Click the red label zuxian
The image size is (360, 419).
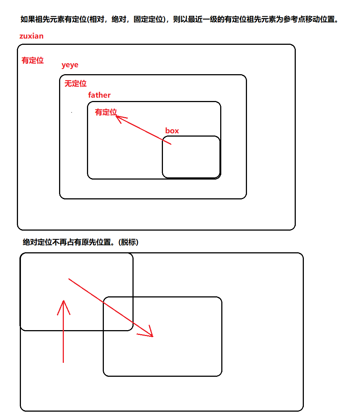coord(31,36)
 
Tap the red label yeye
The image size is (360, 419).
coord(70,65)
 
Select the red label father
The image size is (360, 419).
coord(99,95)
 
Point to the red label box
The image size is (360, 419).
coord(172,131)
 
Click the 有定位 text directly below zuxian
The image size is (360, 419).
coord(33,61)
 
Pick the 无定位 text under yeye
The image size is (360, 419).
coord(76,84)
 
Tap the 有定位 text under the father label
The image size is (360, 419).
coord(106,112)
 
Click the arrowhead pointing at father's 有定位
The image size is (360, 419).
coord(119,118)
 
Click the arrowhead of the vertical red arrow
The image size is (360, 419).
coord(63,303)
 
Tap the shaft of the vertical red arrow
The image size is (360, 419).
coord(63,338)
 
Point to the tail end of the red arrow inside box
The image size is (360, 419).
coord(170,144)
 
